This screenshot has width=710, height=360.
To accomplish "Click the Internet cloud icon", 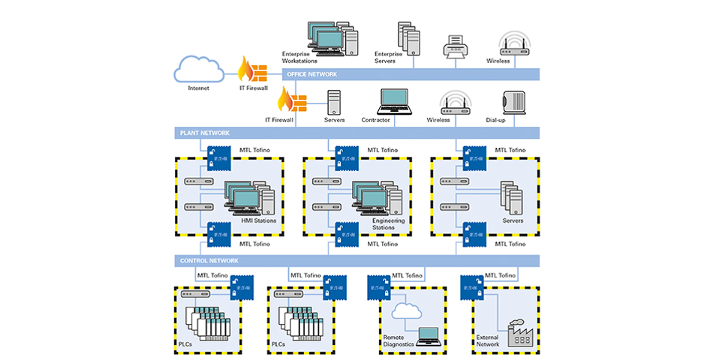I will coord(198,70).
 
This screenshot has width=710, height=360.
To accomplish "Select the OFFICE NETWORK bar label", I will coord(312,74).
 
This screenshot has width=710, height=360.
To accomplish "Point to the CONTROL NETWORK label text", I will coord(209,261).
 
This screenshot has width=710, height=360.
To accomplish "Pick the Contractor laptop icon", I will coord(395,101).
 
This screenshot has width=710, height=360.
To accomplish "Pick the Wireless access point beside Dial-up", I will coord(455,102).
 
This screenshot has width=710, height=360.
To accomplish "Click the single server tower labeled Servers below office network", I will coord(334,102).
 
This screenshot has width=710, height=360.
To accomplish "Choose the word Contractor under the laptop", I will coord(376,120).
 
